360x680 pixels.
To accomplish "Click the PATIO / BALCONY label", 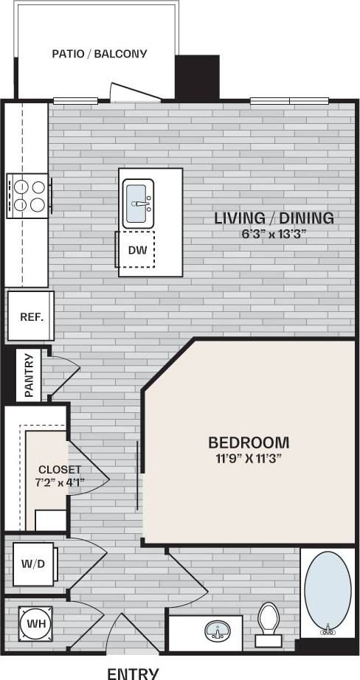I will (100, 54).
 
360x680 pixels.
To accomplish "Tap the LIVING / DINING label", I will (274, 218).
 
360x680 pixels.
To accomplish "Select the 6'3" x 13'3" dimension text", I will (274, 234).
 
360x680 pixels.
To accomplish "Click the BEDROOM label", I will (249, 443).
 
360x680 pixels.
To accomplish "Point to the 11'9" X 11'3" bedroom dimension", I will (249, 458).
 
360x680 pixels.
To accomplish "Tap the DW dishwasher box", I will (136, 250).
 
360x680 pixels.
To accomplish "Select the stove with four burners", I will (29, 195).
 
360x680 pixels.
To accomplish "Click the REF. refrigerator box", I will (30, 317).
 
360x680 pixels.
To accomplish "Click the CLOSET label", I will (60, 469).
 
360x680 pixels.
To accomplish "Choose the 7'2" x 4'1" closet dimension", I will (60, 482).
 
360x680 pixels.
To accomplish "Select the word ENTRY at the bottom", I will (133, 673).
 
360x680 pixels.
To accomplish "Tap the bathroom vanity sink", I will (216, 632).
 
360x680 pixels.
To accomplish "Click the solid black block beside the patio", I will (197, 77).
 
